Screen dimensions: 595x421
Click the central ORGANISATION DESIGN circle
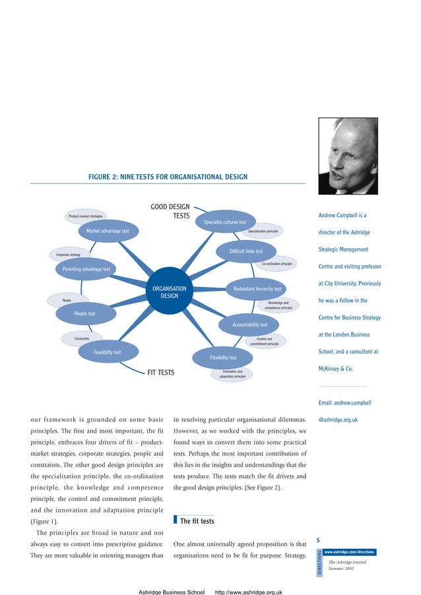pos(170,292)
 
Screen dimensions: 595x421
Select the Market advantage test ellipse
pos(108,231)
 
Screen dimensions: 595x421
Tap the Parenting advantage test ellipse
pos(86,269)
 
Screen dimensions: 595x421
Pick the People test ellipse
pos(84,314)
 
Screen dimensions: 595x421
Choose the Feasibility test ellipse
pos(107,352)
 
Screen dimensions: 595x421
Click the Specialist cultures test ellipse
pos(225,222)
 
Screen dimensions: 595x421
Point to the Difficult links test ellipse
pos(245,251)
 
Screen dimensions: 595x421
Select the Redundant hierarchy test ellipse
pos(257,288)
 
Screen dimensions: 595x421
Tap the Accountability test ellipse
pos(249,325)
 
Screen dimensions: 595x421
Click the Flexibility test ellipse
pos(223,358)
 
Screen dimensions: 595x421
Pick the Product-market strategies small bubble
pos(86,216)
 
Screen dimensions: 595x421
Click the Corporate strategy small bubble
pos(68,254)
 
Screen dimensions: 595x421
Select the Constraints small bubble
pos(82,338)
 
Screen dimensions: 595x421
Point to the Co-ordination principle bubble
pos(277,264)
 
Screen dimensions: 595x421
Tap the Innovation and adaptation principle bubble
pos(232,374)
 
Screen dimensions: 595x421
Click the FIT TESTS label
pos(160,373)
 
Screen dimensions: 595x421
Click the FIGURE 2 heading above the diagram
pos(168,177)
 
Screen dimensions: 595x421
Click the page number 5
pos(319,540)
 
